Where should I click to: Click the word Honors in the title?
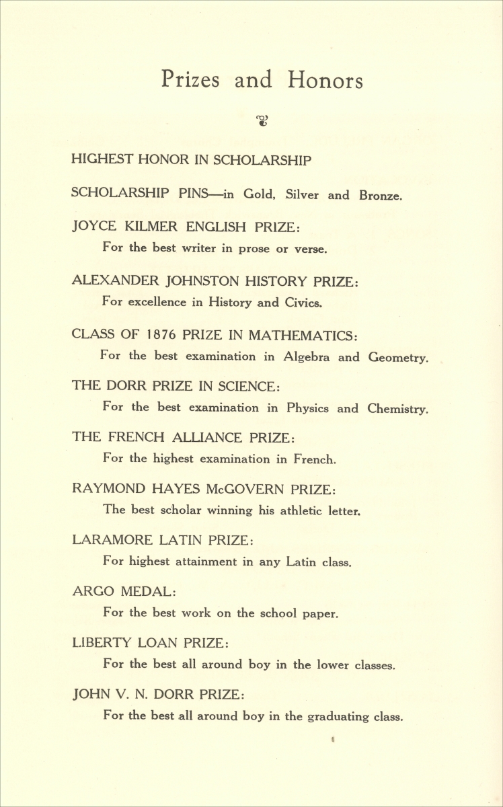325,80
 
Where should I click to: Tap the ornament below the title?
262,121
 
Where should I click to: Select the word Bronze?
381,196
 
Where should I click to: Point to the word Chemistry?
397,408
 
